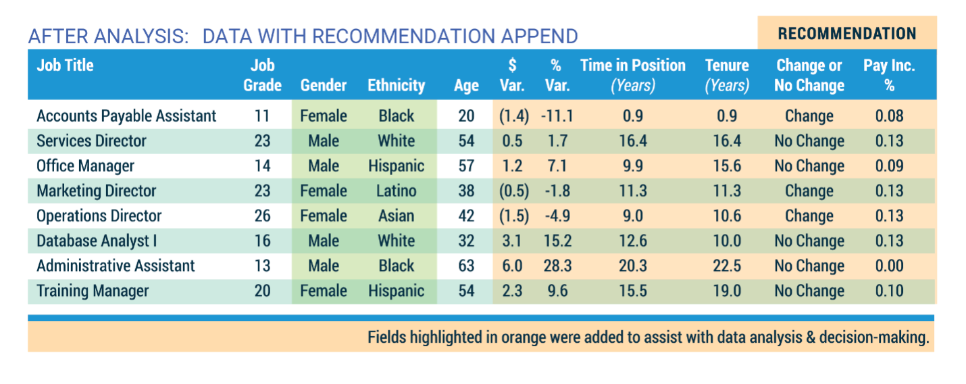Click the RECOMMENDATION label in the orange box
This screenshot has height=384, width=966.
[x=847, y=34]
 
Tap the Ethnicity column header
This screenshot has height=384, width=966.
[x=396, y=85]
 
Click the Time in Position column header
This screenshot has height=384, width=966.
[x=632, y=74]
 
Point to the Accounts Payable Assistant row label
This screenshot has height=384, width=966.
[x=126, y=116]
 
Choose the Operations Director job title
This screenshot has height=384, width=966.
[x=99, y=216]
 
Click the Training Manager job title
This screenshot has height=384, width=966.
[x=93, y=291]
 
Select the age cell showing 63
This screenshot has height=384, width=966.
[x=466, y=266]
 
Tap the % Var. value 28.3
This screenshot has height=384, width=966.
[x=557, y=266]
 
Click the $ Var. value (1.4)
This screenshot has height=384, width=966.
[x=513, y=116]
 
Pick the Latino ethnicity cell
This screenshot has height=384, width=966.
[x=396, y=191]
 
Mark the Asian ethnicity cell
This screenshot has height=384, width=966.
[x=396, y=216]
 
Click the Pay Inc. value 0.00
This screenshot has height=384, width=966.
[x=889, y=266]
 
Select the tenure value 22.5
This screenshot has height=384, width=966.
[x=727, y=266]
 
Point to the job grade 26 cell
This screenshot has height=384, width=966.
[x=262, y=216]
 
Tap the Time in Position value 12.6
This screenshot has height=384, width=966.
[x=632, y=241]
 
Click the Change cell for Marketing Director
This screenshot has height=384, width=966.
[x=809, y=191]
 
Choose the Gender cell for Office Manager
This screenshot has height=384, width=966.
[x=323, y=166]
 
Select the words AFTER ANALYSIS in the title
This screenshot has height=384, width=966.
[x=107, y=36]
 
